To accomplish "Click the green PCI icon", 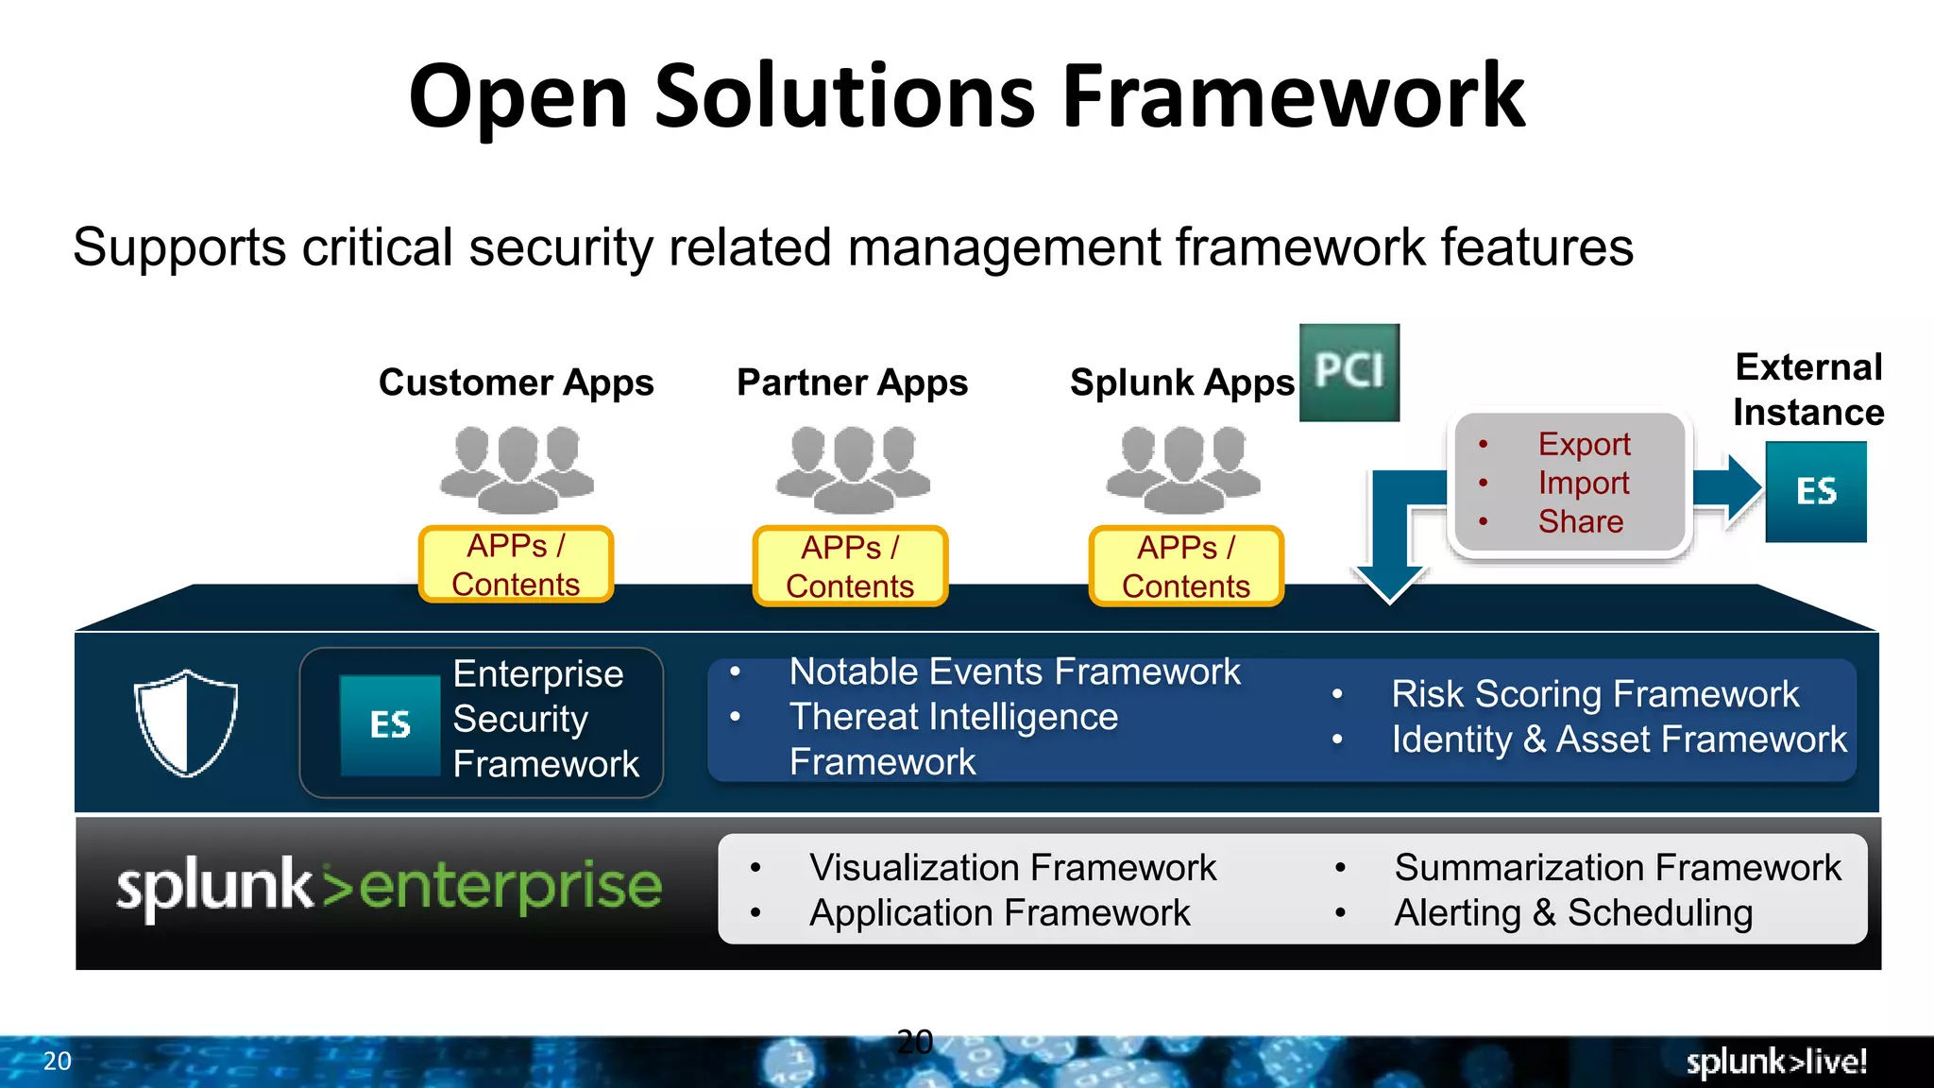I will pyautogui.click(x=1349, y=372).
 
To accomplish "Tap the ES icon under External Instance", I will pyautogui.click(x=1815, y=491).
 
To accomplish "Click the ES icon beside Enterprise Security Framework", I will pyautogui.click(x=390, y=725).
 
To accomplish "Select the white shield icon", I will pyautogui.click(x=186, y=722).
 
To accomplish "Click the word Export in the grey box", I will pyautogui.click(x=1584, y=444).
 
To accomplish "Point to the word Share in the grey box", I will pyautogui.click(x=1580, y=521).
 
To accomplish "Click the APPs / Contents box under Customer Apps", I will pyautogui.click(x=516, y=565).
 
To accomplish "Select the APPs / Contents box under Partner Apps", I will pyautogui.click(x=850, y=567).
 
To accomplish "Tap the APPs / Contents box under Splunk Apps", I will pyautogui.click(x=1186, y=567).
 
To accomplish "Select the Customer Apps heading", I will pyautogui.click(x=516, y=382).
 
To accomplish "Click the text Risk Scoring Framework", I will pyautogui.click(x=1594, y=694).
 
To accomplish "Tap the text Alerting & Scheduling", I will pyautogui.click(x=1573, y=913).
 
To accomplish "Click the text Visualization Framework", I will pyautogui.click(x=1012, y=868).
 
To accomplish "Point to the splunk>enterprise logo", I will pyautogui.click(x=388, y=887).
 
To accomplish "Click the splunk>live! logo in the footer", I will pyautogui.click(x=1775, y=1062).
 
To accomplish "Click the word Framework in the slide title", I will pyautogui.click(x=1293, y=96).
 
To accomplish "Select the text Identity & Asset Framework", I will pyautogui.click(x=1619, y=739).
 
